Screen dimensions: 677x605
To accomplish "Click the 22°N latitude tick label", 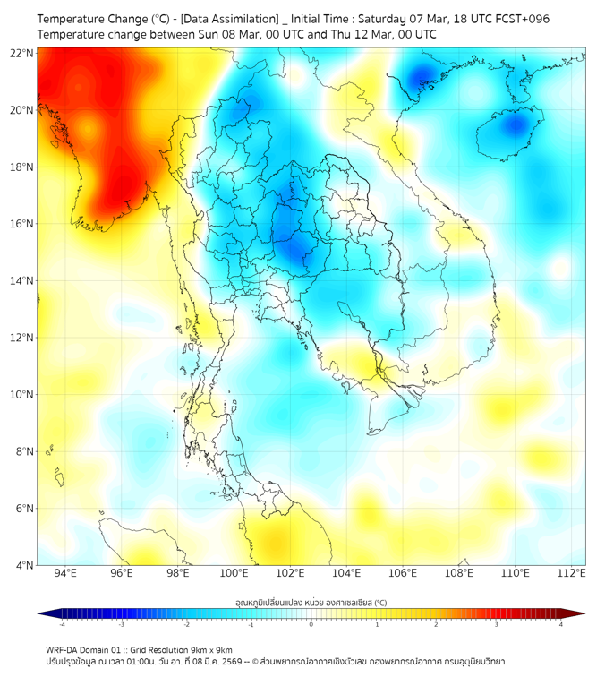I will coord(22,53).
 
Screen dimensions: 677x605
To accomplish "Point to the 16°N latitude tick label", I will coord(22,224).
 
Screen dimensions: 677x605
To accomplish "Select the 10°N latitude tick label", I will coord(22,394).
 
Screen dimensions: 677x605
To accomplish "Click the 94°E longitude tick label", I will coord(65,573).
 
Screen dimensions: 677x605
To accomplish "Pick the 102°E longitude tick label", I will coord(290,573).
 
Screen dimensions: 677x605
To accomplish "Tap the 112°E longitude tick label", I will coord(571,573).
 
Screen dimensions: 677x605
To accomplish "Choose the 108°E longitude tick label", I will coord(458,573).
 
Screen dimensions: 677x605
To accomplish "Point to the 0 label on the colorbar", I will coord(311,624).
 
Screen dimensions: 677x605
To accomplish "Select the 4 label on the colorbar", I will coord(560,624).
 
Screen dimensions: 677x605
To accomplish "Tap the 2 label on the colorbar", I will coord(436,624).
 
